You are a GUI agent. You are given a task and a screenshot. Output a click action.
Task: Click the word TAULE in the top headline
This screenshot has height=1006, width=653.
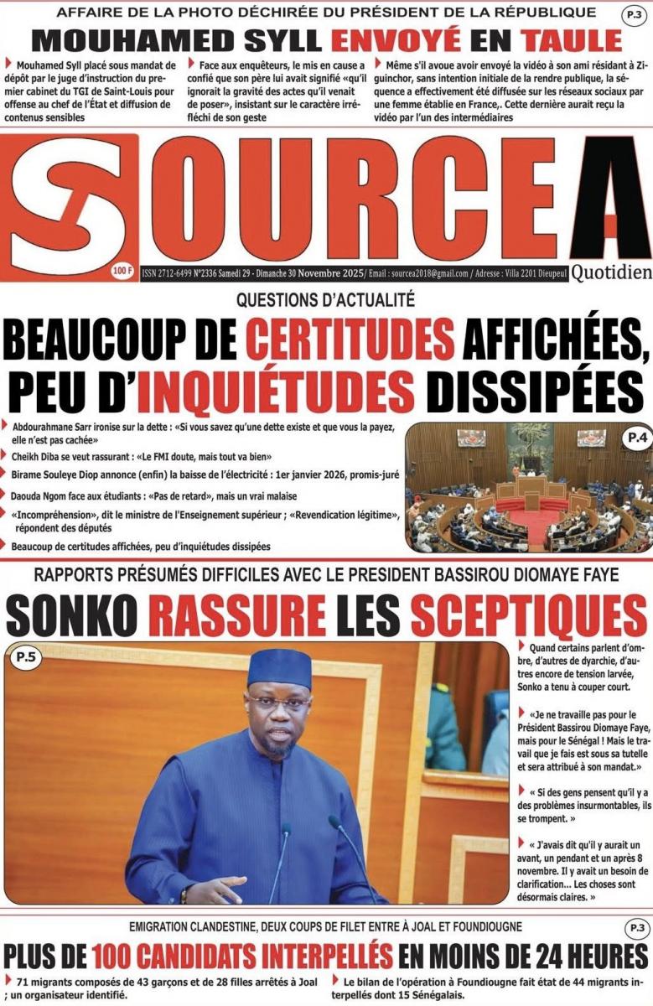(x=572, y=39)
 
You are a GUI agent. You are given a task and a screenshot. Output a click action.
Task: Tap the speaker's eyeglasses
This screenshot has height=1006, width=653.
(x=278, y=703)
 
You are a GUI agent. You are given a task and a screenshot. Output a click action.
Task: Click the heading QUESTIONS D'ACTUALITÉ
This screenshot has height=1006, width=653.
(x=325, y=298)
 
